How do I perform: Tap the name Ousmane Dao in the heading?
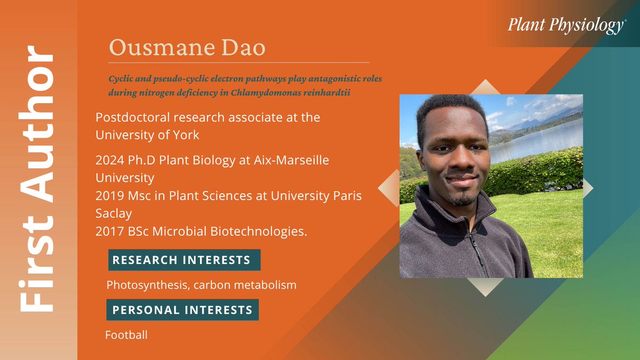[187, 48]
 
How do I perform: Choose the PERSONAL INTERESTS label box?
[182, 309]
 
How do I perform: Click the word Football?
[126, 335]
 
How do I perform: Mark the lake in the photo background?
[539, 139]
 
